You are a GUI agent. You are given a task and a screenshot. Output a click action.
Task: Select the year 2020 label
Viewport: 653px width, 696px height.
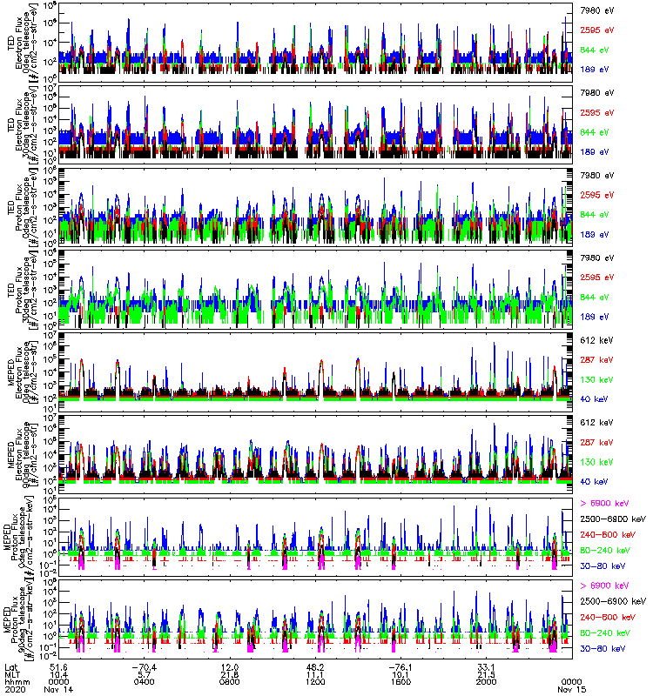point(14,688)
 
